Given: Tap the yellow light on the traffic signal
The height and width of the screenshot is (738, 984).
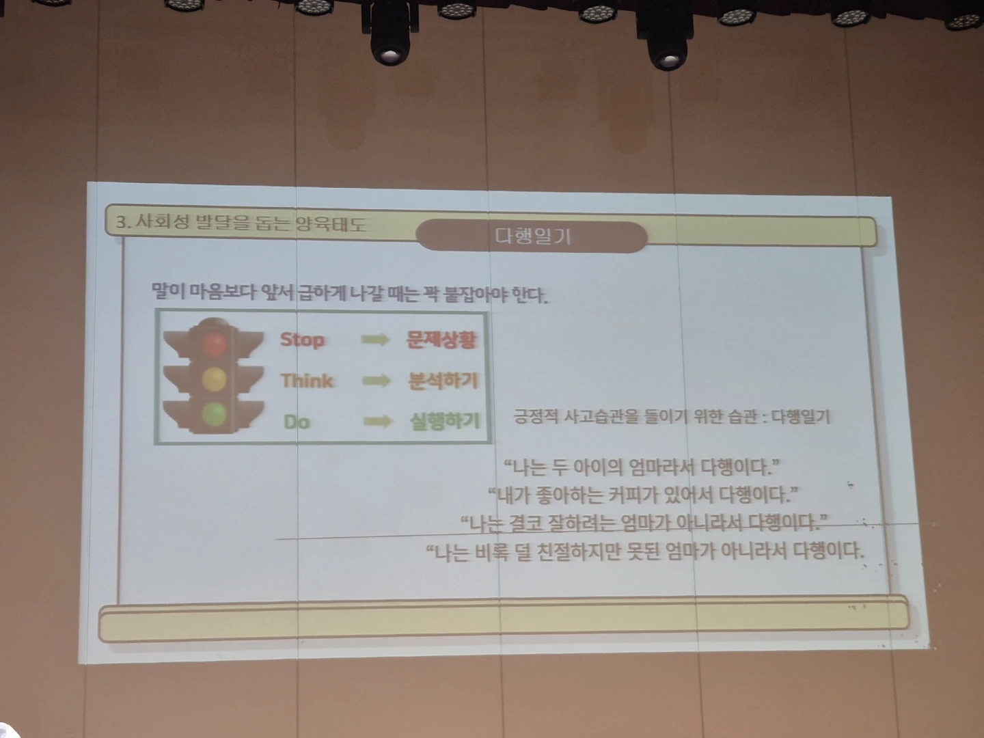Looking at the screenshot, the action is click(215, 379).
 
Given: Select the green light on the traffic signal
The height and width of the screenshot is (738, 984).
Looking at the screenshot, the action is click(215, 413).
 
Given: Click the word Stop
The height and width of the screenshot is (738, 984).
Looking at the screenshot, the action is click(302, 340).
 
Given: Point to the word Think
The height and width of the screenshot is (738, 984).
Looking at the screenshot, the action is click(307, 381).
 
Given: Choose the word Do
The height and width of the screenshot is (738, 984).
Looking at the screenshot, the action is click(297, 422).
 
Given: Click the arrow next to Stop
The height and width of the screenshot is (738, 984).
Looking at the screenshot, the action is click(374, 340).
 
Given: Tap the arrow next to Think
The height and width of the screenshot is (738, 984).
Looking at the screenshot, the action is click(376, 381).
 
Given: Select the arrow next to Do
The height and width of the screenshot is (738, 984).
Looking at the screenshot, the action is click(377, 421).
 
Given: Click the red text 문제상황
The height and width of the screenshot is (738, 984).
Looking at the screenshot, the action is click(441, 340).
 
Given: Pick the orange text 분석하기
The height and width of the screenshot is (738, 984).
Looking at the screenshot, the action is click(443, 381).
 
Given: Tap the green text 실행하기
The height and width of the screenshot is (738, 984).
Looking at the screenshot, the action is click(445, 422).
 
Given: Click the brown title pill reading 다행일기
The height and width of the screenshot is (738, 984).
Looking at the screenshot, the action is click(532, 236).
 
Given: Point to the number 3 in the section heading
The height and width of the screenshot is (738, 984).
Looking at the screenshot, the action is click(120, 222).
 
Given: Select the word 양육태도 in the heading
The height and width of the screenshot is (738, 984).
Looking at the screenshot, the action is click(331, 223).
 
